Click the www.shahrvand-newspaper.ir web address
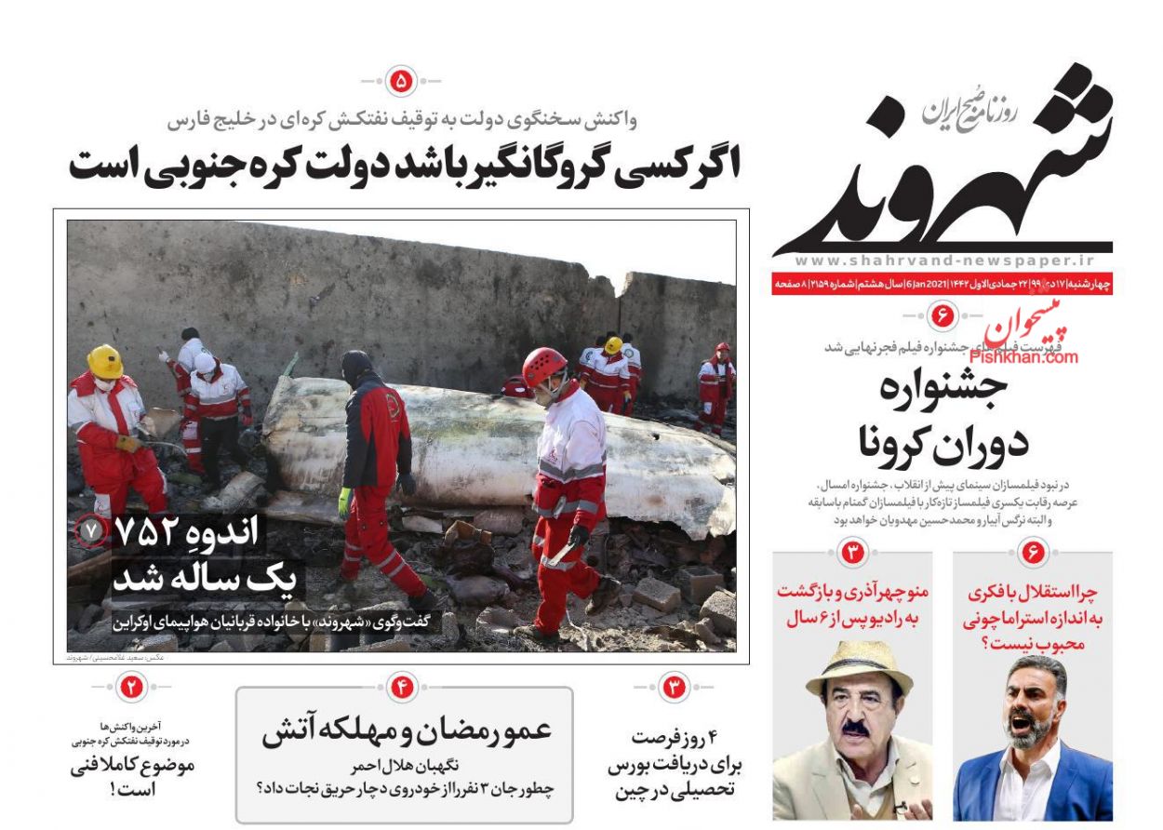pyautogui.click(x=944, y=262)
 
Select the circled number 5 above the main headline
pyautogui.click(x=402, y=82)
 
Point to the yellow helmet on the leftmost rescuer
pyautogui.click(x=105, y=361)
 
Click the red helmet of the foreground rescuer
pyautogui.click(x=544, y=365)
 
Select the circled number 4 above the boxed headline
pyautogui.click(x=402, y=689)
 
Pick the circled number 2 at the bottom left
pyautogui.click(x=131, y=689)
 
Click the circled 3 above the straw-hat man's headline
pyautogui.click(x=853, y=555)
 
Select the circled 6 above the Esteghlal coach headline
pyautogui.click(x=1033, y=555)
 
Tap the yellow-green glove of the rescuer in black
pyautogui.click(x=345, y=502)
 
